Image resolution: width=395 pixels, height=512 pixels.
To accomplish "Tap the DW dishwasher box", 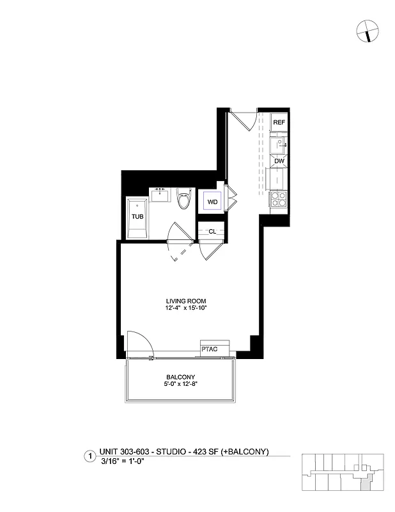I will tap(279, 161).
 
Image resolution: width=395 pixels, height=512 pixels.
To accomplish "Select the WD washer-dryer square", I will tap(212, 202).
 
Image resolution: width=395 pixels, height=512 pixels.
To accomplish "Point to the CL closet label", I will tap(212, 232).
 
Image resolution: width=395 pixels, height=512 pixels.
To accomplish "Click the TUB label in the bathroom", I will tap(137, 216).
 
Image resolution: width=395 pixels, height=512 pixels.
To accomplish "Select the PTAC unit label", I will tap(210, 349).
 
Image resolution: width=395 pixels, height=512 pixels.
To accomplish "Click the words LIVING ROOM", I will tap(186, 301).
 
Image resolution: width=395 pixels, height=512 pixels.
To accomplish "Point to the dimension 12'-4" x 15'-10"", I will tap(186, 308).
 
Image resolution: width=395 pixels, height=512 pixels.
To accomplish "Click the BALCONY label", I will tap(181, 376).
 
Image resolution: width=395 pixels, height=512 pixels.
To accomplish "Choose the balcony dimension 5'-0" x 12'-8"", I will tap(181, 385).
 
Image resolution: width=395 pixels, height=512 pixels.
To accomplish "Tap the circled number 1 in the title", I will tap(90, 456).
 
